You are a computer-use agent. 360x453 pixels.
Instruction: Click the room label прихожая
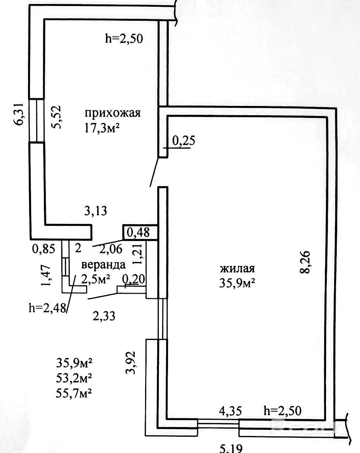(x=113, y=113)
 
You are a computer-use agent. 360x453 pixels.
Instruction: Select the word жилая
(x=237, y=269)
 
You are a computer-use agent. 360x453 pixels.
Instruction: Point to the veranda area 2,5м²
(x=96, y=279)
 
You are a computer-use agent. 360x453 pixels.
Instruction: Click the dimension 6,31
(x=19, y=114)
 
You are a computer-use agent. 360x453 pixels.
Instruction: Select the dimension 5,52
(x=56, y=117)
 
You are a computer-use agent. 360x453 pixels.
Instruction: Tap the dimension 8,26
(x=305, y=262)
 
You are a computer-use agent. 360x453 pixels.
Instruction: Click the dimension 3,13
(x=96, y=211)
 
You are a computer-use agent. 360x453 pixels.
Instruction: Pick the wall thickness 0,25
(x=184, y=141)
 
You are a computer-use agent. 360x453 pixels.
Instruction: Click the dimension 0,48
(x=138, y=232)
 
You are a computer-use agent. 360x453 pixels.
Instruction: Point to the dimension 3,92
(x=130, y=362)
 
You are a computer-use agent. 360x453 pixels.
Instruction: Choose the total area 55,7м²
(x=74, y=393)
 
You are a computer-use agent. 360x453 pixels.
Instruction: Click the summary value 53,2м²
(x=74, y=378)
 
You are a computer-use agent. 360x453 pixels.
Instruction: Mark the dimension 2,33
(x=104, y=316)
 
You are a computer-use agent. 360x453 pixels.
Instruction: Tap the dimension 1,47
(x=46, y=275)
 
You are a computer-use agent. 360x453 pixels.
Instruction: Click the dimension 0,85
(x=44, y=249)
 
